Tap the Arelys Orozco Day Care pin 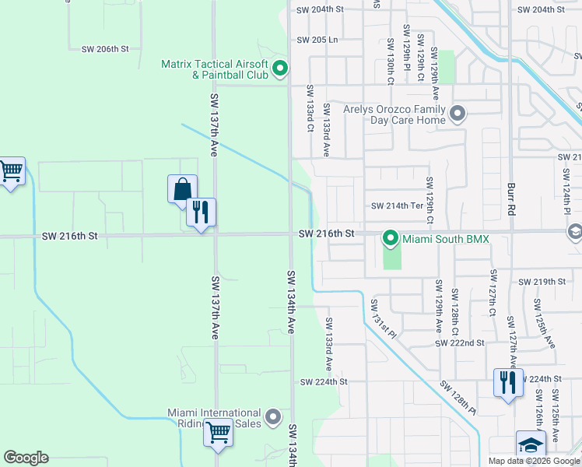tap(458, 114)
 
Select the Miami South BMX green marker tap(390, 238)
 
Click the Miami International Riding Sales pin tap(273, 418)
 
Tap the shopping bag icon tap(182, 188)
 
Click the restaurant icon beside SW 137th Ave tap(201, 212)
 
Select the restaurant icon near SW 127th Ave tap(508, 383)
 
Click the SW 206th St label tap(104, 49)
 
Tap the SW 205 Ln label tap(317, 40)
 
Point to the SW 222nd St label tap(461, 342)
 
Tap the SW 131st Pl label tap(384, 320)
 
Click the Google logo tap(26, 458)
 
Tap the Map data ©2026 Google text tap(535, 461)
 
